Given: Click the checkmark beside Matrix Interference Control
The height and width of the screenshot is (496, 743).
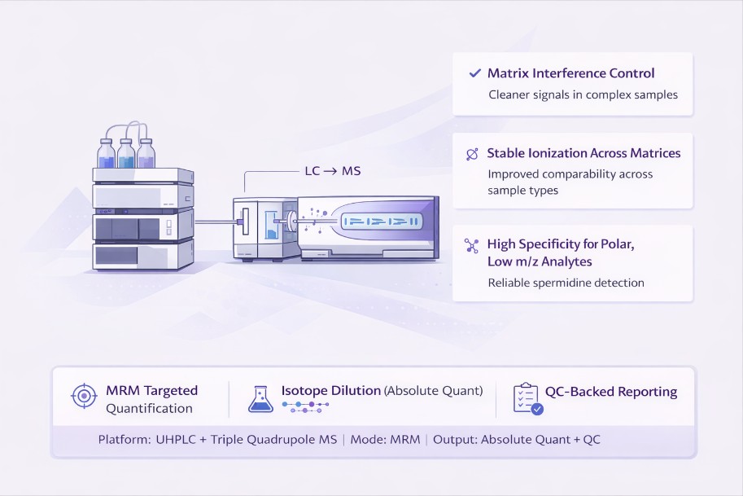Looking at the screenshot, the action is pyautogui.click(x=474, y=73).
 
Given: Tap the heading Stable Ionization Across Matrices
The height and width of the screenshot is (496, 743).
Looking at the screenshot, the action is pyautogui.click(x=583, y=153).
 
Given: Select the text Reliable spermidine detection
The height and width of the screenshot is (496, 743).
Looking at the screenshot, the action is pyautogui.click(x=566, y=283).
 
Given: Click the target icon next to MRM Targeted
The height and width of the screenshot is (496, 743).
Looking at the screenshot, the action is pyautogui.click(x=84, y=396).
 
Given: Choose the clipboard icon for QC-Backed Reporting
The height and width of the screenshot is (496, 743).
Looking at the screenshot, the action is pyautogui.click(x=527, y=399).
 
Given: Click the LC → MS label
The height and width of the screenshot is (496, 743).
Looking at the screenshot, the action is pyautogui.click(x=333, y=171).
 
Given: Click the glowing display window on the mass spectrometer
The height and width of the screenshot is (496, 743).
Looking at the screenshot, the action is pyautogui.click(x=382, y=221).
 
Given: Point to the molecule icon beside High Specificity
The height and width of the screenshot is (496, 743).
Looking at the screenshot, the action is pyautogui.click(x=471, y=246).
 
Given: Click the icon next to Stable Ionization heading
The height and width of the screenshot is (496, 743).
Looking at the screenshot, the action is pyautogui.click(x=472, y=154).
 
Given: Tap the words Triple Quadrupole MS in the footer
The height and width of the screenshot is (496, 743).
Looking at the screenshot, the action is pyautogui.click(x=274, y=440).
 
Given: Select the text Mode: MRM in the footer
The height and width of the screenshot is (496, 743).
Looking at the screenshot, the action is pyautogui.click(x=385, y=440).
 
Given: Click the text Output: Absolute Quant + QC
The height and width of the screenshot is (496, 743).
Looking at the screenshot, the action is pyautogui.click(x=517, y=440).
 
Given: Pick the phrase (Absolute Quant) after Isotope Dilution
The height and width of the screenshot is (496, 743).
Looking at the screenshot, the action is pyautogui.click(x=434, y=391).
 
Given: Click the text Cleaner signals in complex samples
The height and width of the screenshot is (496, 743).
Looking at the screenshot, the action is pyautogui.click(x=583, y=94).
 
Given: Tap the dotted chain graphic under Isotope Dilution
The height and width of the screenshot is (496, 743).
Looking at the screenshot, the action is pyautogui.click(x=306, y=407).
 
